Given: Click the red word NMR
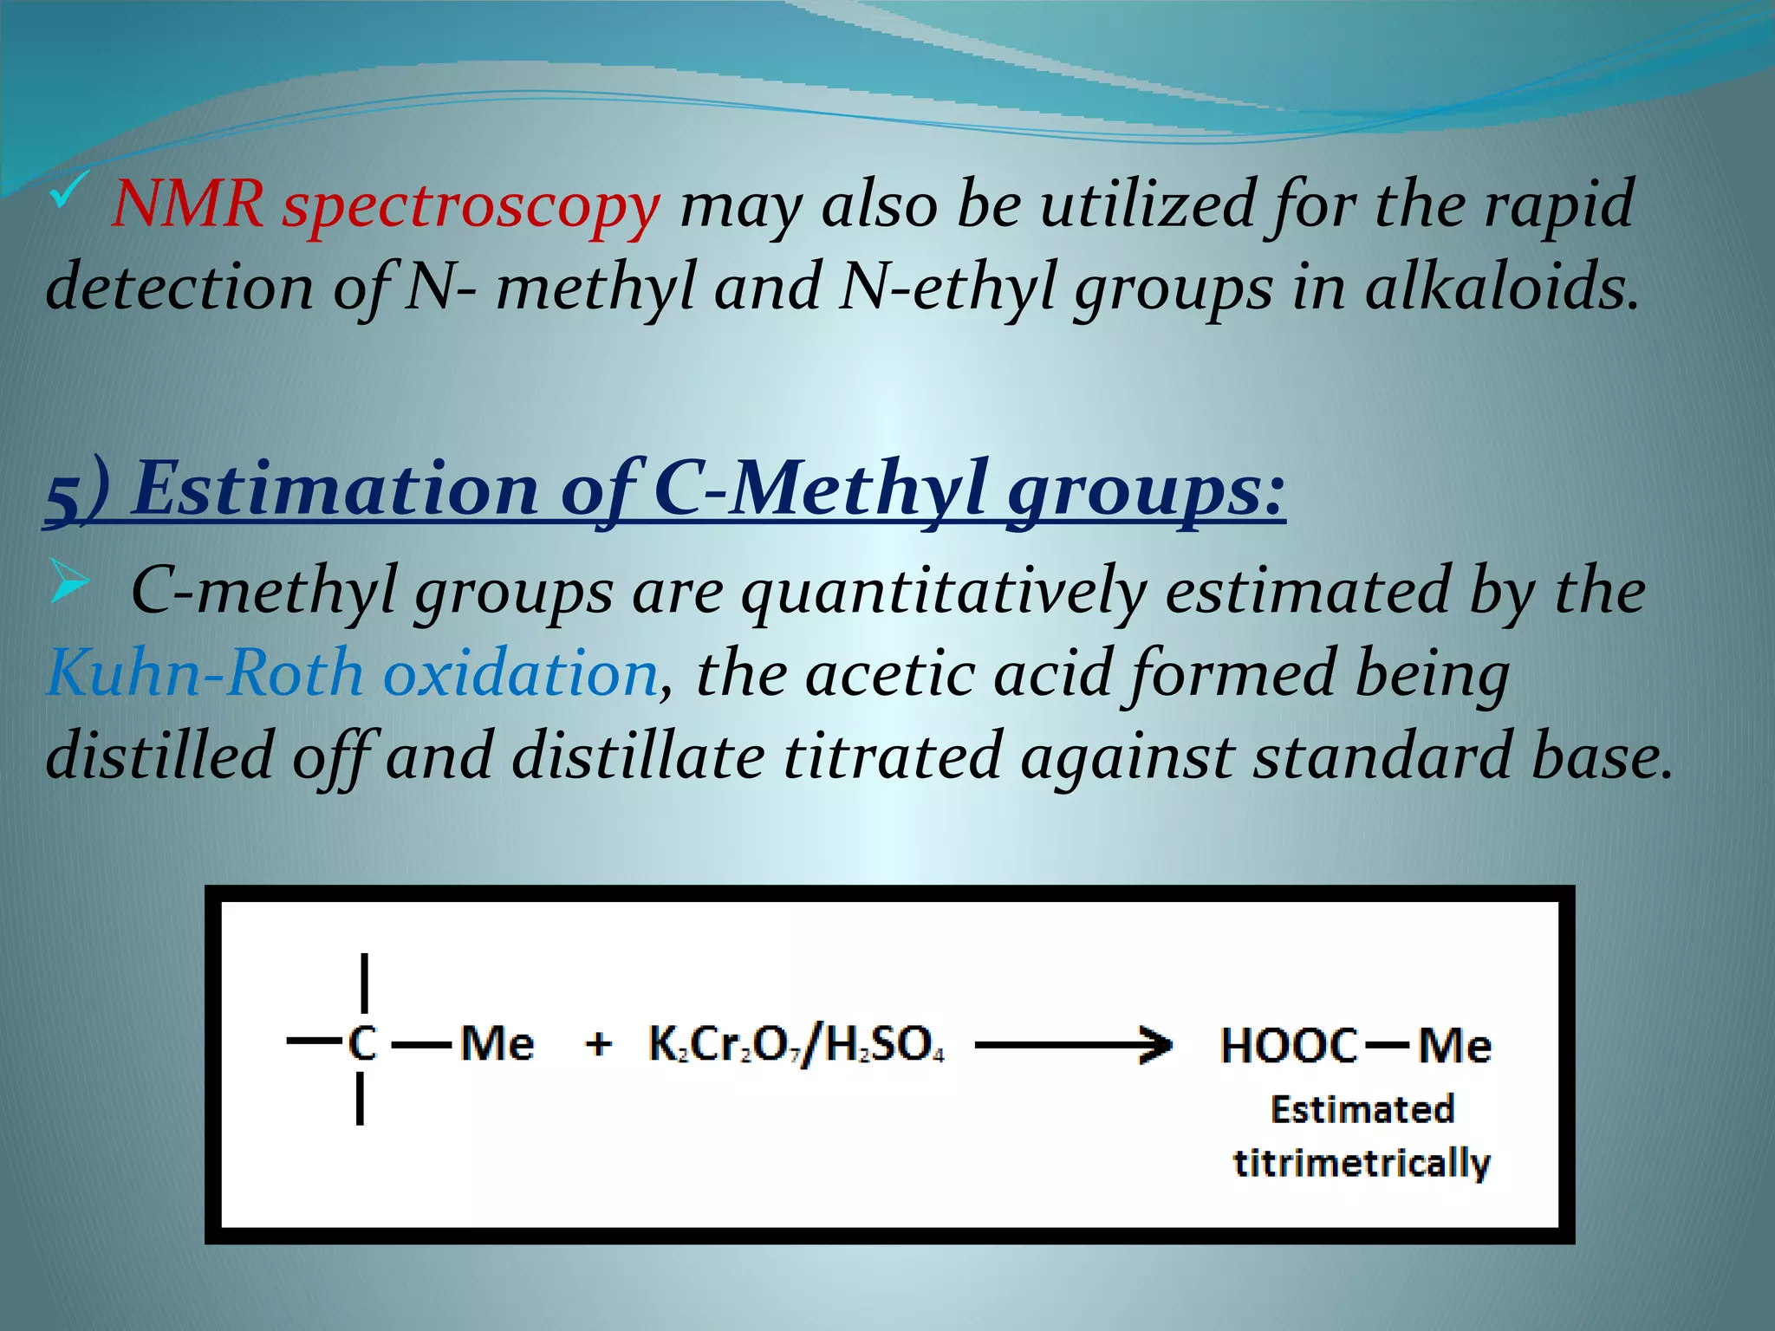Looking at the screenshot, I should tap(187, 205).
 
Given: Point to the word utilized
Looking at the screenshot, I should tap(1148, 205).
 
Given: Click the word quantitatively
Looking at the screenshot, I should tap(943, 593).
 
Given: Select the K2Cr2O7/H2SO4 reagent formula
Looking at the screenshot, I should tap(796, 1044).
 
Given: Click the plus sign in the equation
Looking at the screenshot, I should tap(598, 1043).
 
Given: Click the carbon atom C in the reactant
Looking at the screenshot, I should tap(362, 1043).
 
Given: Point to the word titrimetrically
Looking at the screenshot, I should tap(1362, 1163).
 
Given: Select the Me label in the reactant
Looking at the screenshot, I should tap(497, 1042).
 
